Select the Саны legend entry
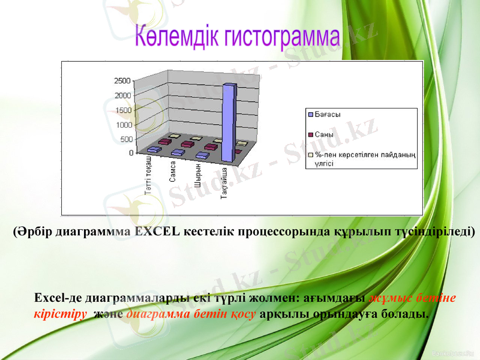click(325, 134)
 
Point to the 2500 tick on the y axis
click(122, 80)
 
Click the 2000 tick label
click(122, 95)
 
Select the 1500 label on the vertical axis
click(122, 110)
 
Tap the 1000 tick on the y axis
click(122, 125)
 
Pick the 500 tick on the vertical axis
click(124, 139)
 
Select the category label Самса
click(173, 171)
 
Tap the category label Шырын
click(197, 172)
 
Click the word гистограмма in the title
click(282, 37)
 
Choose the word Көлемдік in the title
click(178, 37)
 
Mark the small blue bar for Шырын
click(202, 156)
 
